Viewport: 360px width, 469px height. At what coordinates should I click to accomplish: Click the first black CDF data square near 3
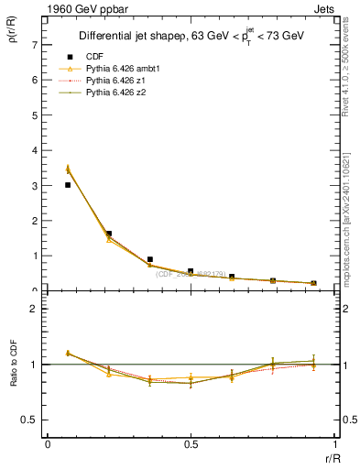tap(68, 185)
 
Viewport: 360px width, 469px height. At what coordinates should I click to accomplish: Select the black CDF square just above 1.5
tap(109, 234)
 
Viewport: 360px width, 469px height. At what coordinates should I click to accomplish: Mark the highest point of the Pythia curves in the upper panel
tap(68, 169)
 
